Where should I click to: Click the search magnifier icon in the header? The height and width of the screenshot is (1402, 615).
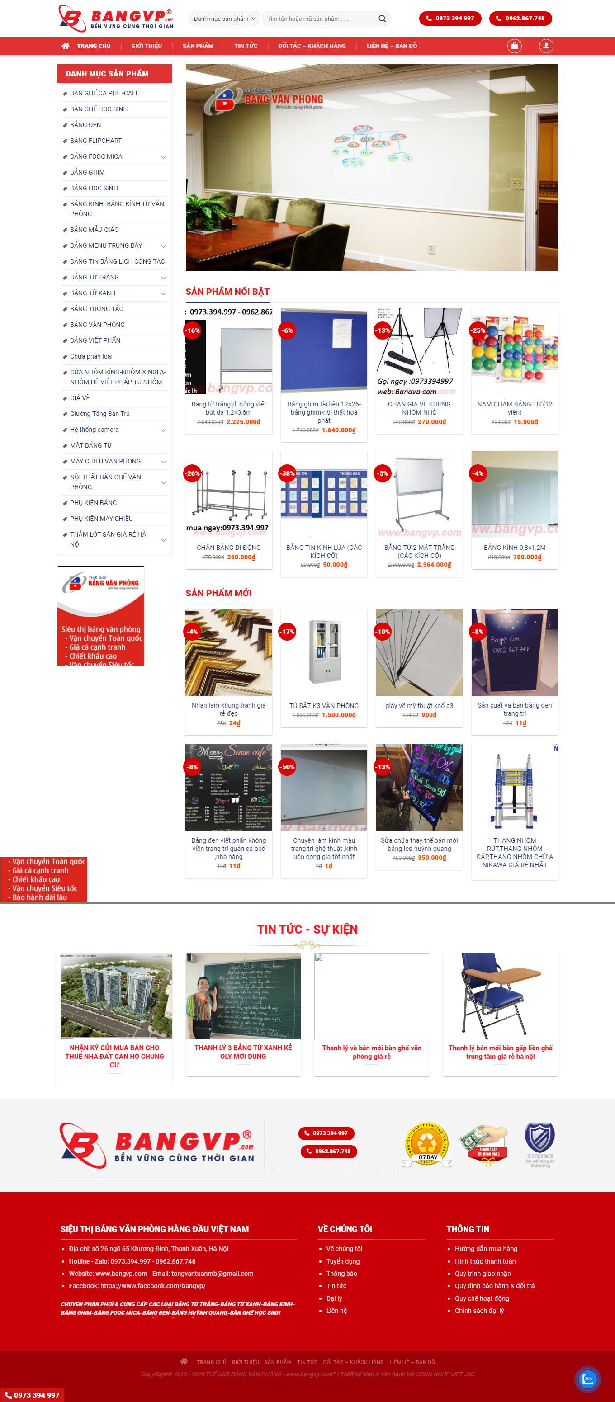pos(382,19)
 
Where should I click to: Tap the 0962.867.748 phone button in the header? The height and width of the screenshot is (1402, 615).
pos(520,19)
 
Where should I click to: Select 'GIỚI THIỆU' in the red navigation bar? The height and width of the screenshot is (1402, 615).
pos(147,46)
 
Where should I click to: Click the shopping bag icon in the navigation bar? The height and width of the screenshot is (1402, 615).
pos(514,46)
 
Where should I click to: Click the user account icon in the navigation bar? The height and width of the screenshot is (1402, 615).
pos(546,46)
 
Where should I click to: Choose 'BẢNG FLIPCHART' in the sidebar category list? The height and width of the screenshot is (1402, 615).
pos(96,141)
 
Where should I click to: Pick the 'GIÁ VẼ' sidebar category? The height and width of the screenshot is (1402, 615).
pos(80,398)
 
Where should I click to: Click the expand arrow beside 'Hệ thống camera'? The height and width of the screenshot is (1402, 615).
pos(163,430)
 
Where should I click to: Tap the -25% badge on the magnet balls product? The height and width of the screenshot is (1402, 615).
pos(478,330)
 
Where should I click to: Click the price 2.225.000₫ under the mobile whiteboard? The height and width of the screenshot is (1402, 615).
pos(243,422)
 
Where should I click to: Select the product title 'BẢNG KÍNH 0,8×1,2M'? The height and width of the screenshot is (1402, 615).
pos(514,548)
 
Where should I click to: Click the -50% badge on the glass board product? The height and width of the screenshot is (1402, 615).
pos(287,767)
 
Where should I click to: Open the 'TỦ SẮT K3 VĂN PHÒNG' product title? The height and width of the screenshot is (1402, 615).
pos(324,706)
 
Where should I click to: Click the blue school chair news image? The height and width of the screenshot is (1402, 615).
pos(500,996)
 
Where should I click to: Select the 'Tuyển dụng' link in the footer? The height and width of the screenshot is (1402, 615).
pos(343,1261)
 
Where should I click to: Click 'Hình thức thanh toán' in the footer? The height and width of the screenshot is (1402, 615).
pos(485,1261)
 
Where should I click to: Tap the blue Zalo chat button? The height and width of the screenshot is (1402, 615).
pos(588,1378)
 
